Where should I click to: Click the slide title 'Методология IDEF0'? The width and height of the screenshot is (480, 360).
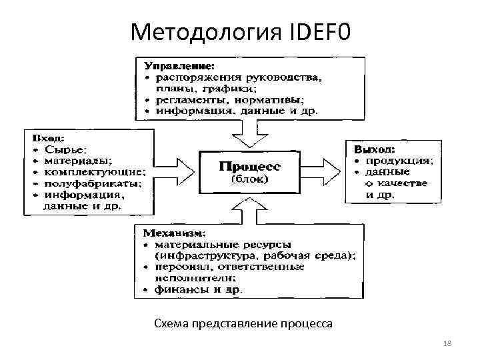pos(240,31)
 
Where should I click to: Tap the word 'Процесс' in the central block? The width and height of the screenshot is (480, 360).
pos(250,165)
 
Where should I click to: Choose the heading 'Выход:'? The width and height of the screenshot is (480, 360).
pos(374,149)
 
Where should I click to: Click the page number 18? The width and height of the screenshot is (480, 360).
pos(447,343)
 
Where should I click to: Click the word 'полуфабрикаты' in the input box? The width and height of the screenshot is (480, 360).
pos(81,183)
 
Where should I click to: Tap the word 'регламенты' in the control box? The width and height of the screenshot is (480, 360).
pos(187,99)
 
